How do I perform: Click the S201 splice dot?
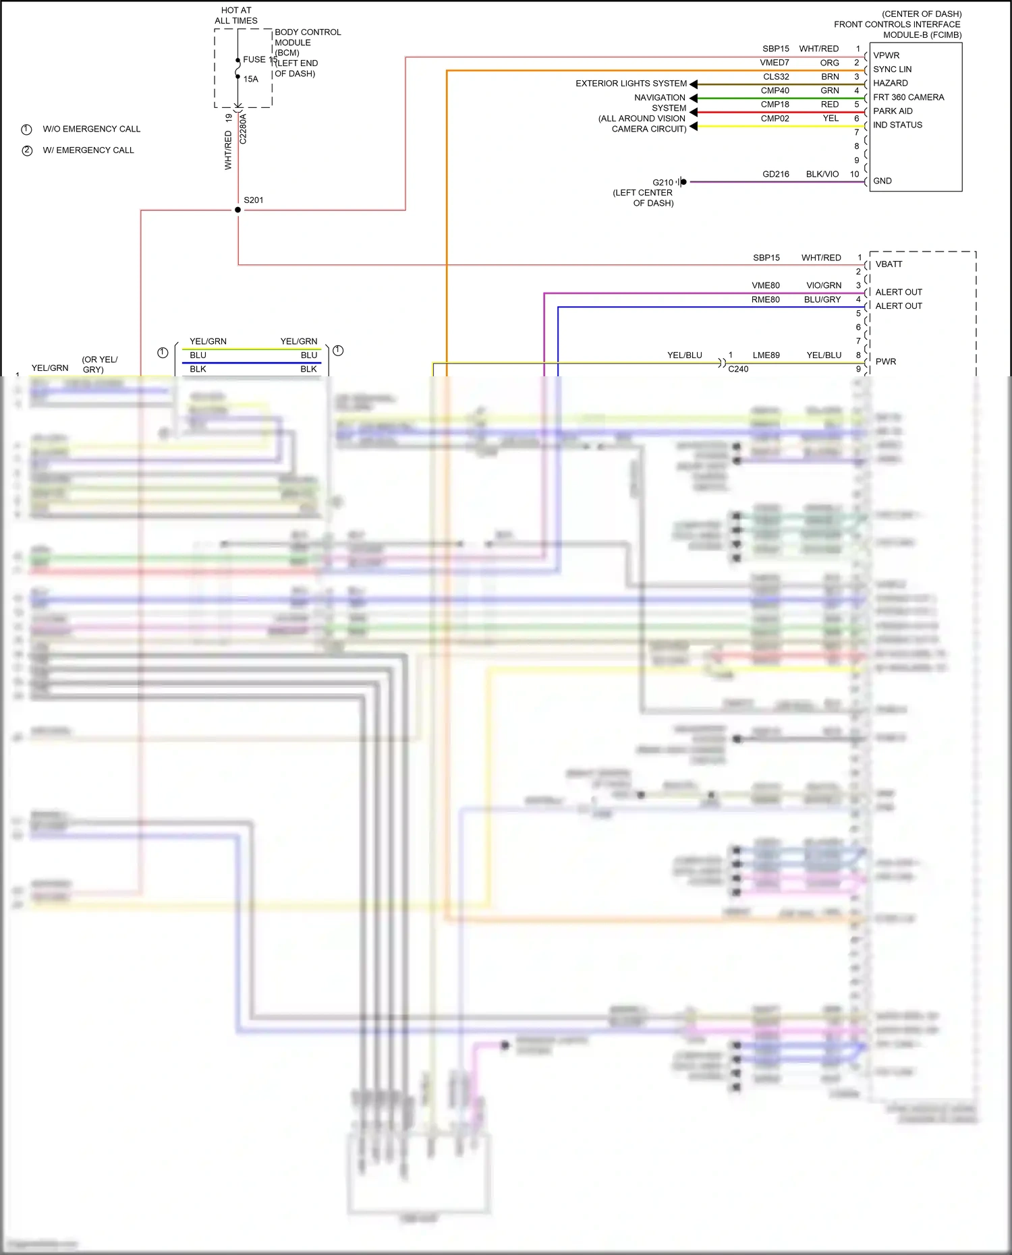tap(237, 210)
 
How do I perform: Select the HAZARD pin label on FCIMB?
tap(890, 83)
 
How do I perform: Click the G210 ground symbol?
tap(682, 182)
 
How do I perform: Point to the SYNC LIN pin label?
tap(892, 69)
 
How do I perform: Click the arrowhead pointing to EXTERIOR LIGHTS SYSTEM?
tap(694, 84)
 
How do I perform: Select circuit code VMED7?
tap(775, 63)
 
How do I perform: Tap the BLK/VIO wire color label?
tap(822, 174)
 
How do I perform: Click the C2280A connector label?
tap(244, 129)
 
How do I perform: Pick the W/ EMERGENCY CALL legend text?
tap(88, 150)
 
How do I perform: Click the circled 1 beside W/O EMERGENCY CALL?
tap(27, 129)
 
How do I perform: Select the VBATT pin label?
tap(889, 264)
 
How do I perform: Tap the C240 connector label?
tap(738, 369)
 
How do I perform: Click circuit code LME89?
tap(766, 355)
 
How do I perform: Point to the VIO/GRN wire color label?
tap(824, 285)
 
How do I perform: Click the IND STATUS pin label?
tap(897, 125)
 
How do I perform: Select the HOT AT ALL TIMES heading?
tap(236, 16)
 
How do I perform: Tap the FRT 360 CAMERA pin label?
tap(908, 97)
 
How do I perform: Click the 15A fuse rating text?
tap(251, 79)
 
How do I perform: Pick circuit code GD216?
tap(776, 174)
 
